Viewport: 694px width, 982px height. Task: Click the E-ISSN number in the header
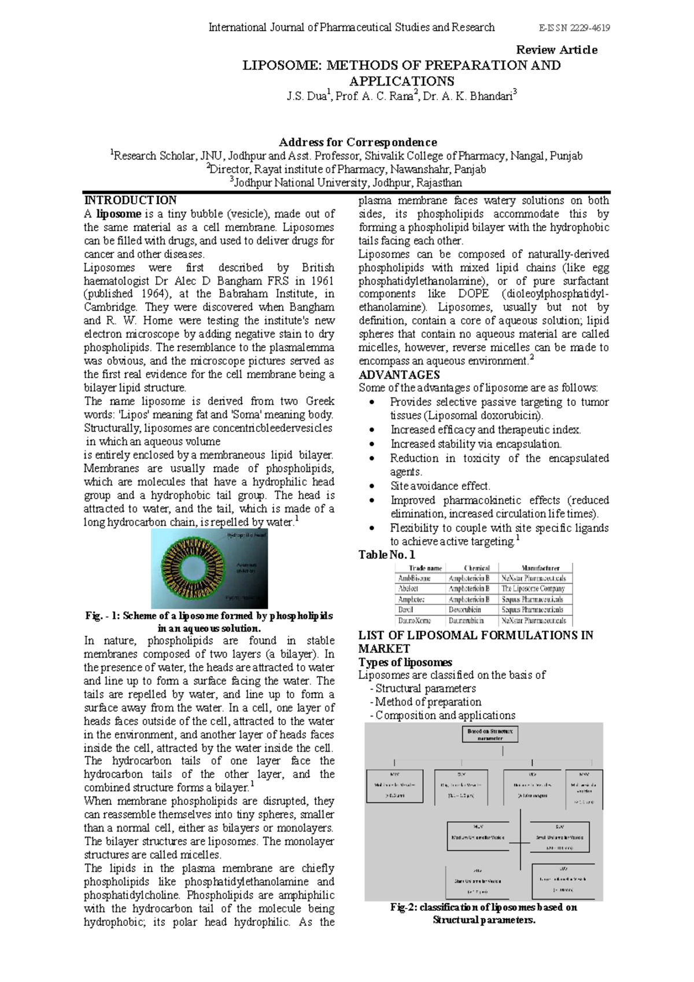click(574, 28)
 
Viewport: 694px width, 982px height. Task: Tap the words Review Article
click(556, 50)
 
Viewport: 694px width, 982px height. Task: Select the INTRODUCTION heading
click(130, 201)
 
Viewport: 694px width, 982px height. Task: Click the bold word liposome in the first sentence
click(119, 214)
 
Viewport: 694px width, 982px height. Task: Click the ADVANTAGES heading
click(399, 375)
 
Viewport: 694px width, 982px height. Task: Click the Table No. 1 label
click(386, 555)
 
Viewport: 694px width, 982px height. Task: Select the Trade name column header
click(425, 568)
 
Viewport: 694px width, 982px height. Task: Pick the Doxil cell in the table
click(405, 610)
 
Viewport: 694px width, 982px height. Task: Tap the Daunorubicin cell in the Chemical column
click(466, 620)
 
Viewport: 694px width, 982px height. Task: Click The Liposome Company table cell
click(533, 589)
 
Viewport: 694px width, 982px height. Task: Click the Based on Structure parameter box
click(490, 734)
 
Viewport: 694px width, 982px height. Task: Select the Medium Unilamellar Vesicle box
click(478, 836)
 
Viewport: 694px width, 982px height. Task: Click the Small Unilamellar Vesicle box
click(559, 836)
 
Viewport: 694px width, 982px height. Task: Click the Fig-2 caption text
click(483, 913)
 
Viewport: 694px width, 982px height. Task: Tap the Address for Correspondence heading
click(357, 142)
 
